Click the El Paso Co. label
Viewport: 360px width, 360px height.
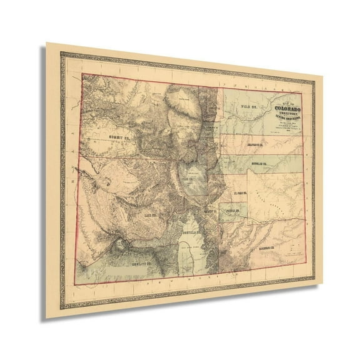pos(242,192)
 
